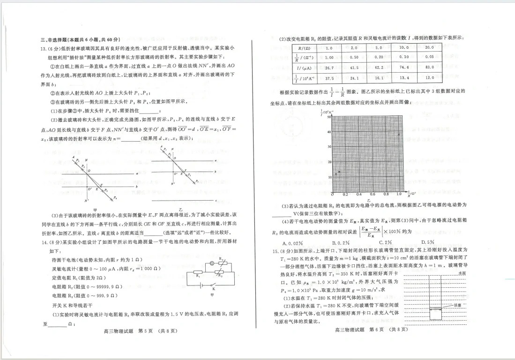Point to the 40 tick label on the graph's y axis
pos(329,132)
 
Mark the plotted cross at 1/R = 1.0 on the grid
pos(399,135)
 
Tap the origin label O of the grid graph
pos(332,194)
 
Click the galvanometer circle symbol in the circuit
pos(212,263)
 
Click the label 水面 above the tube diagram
pos(462,272)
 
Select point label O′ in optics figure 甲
pos(90,189)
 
